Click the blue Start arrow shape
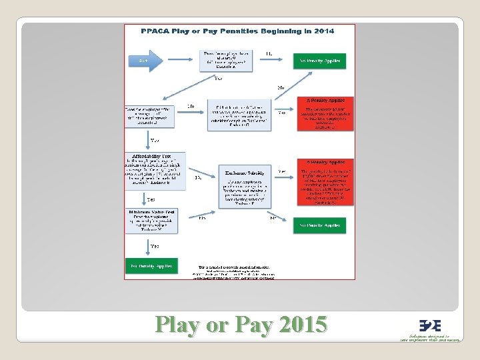coord(145,61)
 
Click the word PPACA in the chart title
coord(153,31)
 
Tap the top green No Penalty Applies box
coord(319,61)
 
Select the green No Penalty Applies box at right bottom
coord(319,225)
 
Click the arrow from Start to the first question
coord(181,61)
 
